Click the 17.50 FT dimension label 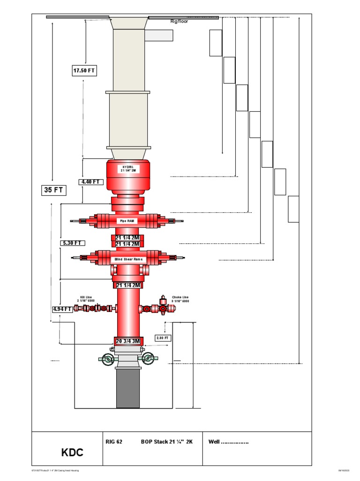pyautogui.click(x=84, y=71)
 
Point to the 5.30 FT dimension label pyautogui.click(x=73, y=243)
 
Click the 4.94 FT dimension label pyautogui.click(x=62, y=309)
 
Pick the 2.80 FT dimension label pyautogui.click(x=163, y=338)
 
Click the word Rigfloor pyautogui.click(x=179, y=21)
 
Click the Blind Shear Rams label pyautogui.click(x=128, y=259)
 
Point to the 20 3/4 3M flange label pyautogui.click(x=128, y=341)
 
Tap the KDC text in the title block pyautogui.click(x=72, y=453)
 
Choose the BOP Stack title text pyautogui.click(x=167, y=442)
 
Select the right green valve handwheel pyautogui.click(x=149, y=359)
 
